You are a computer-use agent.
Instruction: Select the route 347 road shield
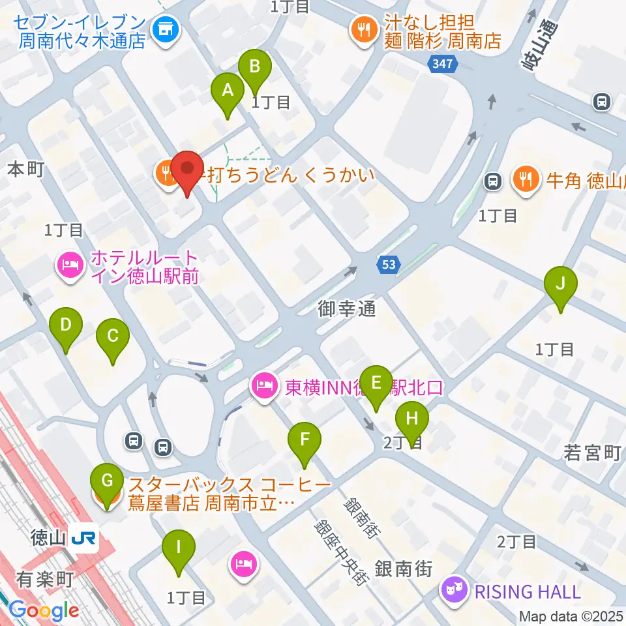coord(443,63)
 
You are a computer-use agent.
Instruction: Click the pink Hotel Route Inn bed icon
coord(70,265)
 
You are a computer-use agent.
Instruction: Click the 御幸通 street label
coord(348,308)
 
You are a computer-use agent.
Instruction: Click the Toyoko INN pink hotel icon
coord(264,387)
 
